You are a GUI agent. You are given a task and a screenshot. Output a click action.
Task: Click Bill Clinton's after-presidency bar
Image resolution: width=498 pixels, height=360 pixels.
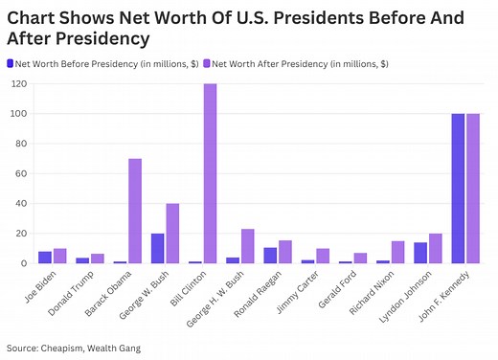tap(209, 173)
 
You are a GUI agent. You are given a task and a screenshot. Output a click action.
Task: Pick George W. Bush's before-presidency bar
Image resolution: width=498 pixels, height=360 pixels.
tap(156, 248)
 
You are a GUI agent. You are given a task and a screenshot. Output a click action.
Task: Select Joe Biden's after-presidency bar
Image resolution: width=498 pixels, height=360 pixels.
tap(59, 256)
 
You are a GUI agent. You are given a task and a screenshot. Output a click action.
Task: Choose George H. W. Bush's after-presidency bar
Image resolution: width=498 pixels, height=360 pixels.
tap(246, 246)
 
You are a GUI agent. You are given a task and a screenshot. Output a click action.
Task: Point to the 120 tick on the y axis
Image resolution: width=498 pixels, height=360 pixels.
tap(18, 84)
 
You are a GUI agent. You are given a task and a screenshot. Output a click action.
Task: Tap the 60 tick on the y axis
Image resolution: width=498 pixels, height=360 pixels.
tap(21, 173)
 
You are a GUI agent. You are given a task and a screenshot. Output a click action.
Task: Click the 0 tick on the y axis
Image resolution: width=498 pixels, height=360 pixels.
tap(24, 263)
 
